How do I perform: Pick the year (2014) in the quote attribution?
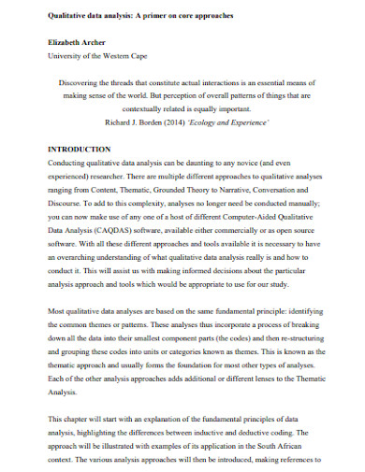pyautogui.click(x=201, y=122)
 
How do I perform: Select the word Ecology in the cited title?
pyautogui.click(x=233, y=122)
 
